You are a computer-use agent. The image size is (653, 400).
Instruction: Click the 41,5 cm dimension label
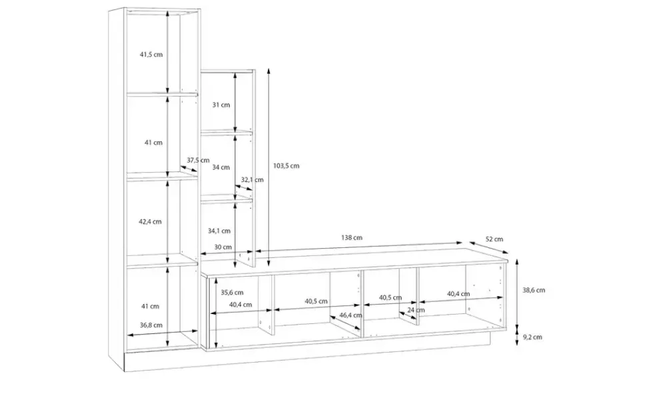151,55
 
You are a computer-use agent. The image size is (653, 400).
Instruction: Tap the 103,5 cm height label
286,166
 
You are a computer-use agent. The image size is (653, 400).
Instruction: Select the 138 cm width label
352,238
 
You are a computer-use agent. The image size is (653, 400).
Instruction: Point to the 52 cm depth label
494,239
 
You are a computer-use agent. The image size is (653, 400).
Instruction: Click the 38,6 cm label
534,291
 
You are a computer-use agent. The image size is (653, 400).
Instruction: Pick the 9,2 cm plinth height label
532,337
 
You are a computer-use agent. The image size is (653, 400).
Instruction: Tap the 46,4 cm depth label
350,315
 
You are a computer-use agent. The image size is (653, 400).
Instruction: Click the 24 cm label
416,310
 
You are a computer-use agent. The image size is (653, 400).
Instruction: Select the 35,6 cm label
232,293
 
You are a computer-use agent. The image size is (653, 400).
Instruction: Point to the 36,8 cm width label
151,325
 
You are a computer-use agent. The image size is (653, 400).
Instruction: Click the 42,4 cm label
150,221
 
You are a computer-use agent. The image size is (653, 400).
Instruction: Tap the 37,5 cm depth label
198,161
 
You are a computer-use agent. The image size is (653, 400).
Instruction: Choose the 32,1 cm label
253,180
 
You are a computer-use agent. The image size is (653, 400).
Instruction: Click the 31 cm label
221,105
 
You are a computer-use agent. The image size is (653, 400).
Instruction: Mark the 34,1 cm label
219,231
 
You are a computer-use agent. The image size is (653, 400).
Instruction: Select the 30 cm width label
223,247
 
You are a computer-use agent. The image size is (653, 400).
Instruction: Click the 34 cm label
221,167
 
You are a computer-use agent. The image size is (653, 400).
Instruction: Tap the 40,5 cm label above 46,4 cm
316,301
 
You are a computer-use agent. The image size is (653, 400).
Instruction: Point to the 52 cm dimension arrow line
489,247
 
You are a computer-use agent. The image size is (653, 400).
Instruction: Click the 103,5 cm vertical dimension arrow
269,167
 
